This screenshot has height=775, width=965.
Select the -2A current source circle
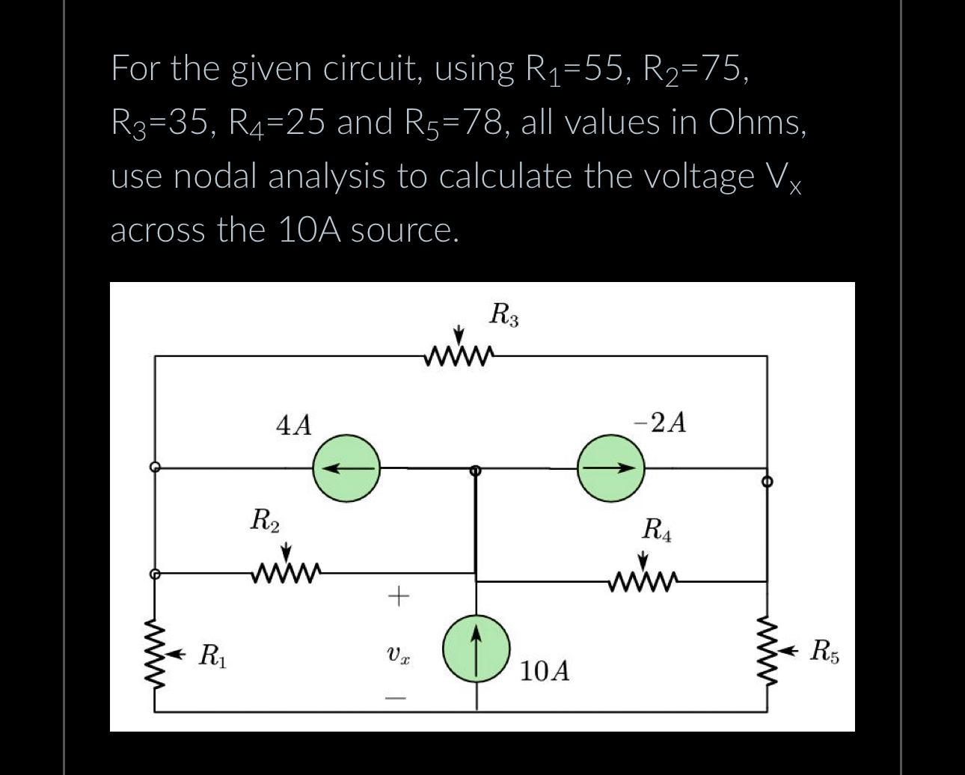pyautogui.click(x=610, y=468)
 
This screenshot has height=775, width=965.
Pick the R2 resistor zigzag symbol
pyautogui.click(x=287, y=574)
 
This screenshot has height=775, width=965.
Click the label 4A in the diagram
pyautogui.click(x=294, y=425)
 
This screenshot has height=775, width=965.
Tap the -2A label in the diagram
pyautogui.click(x=660, y=423)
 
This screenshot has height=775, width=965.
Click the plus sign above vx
pyautogui.click(x=398, y=596)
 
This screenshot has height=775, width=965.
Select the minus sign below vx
pyautogui.click(x=398, y=699)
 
